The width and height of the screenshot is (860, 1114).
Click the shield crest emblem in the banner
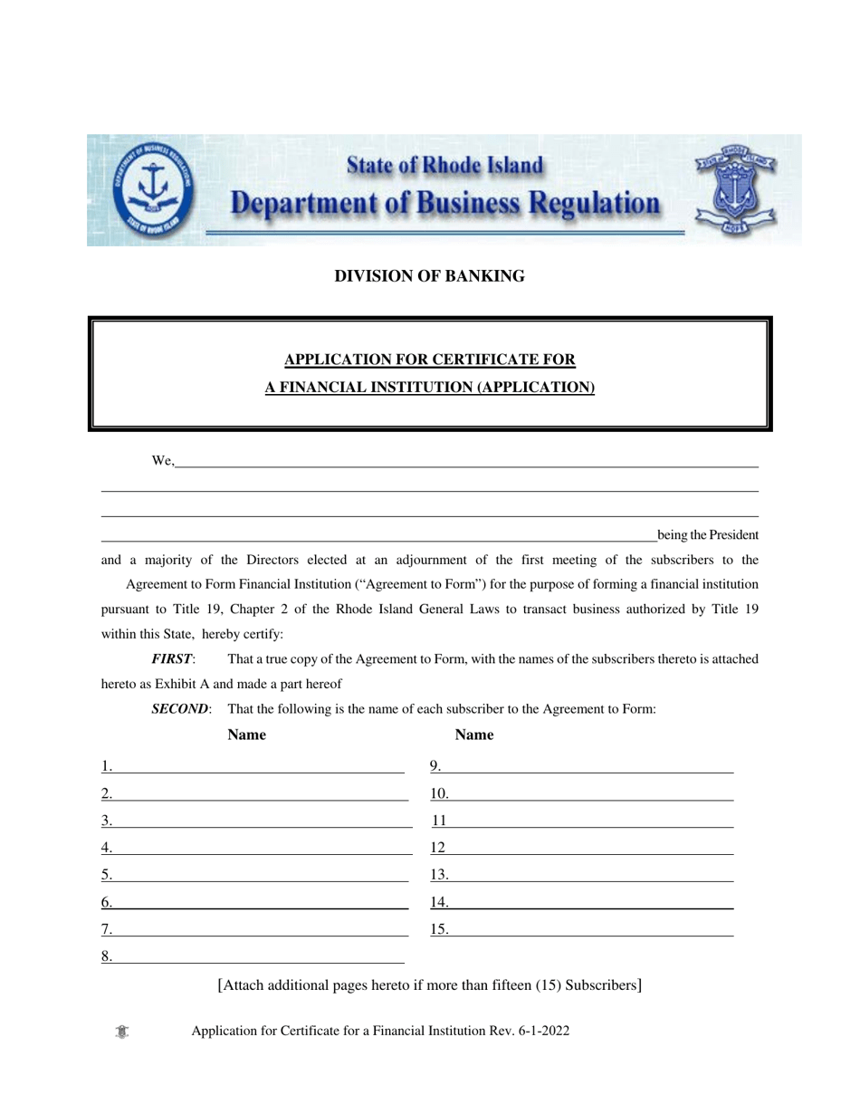click(x=734, y=188)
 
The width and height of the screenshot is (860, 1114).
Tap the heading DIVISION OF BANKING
click(x=429, y=276)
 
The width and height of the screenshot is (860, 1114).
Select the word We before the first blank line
click(x=162, y=462)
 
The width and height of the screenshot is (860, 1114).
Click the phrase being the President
click(x=707, y=534)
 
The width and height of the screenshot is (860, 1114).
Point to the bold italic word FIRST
click(x=172, y=659)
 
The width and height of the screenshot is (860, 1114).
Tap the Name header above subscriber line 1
click(x=246, y=735)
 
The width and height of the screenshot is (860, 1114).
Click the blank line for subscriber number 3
click(x=263, y=822)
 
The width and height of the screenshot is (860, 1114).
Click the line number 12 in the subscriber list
click(x=438, y=849)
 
